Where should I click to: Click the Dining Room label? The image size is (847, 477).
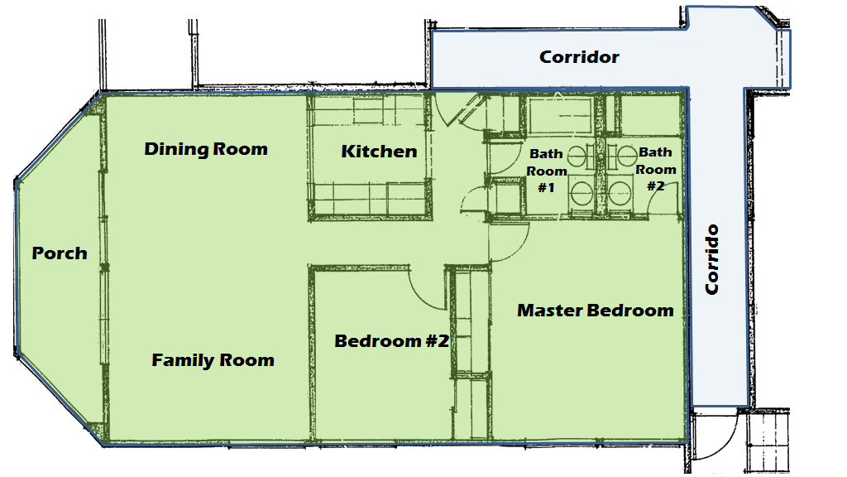(x=206, y=149)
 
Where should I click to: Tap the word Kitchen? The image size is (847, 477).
(x=379, y=152)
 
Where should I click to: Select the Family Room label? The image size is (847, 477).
(x=213, y=360)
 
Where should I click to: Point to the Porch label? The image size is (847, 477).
(x=60, y=253)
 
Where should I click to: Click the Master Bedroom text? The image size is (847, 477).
(x=595, y=311)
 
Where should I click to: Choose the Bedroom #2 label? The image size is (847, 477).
(x=391, y=340)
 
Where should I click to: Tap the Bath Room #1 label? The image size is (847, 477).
(x=547, y=171)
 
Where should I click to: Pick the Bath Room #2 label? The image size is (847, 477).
(x=656, y=169)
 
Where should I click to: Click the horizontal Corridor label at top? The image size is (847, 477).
(x=579, y=57)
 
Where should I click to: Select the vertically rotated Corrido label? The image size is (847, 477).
(x=711, y=259)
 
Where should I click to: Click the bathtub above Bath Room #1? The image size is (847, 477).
(x=561, y=115)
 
